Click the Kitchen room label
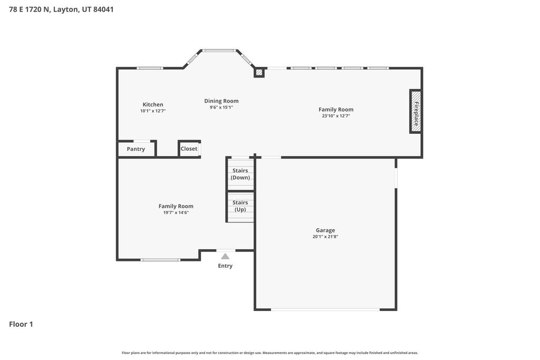tap(152, 104)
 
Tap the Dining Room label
tap(221, 101)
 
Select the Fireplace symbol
tap(416, 111)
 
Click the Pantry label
tap(136, 149)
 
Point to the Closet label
tap(189, 149)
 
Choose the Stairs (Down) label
tap(240, 174)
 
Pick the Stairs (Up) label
tap(240, 206)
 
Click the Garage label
tap(325, 230)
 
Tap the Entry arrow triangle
tap(225, 256)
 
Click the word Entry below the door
tap(225, 266)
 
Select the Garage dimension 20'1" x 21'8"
tap(325, 237)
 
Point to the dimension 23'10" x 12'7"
tap(336, 116)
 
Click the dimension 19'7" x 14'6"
tap(176, 212)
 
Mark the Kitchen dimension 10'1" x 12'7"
tap(152, 111)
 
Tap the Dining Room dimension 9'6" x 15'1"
tap(221, 107)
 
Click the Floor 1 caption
tap(21, 324)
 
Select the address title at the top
tap(61, 9)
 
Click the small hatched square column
tap(259, 73)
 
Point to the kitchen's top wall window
tap(150, 68)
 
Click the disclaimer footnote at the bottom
tap(270, 353)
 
